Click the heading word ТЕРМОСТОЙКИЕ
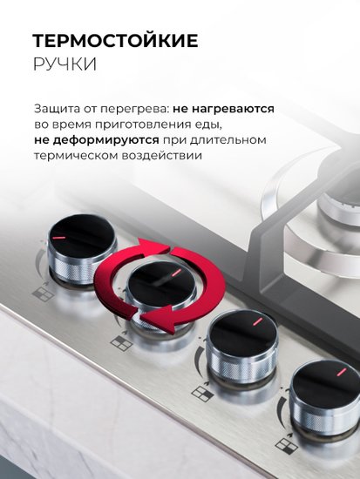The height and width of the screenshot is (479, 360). coord(116,40)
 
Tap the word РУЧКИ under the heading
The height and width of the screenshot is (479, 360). coord(65,64)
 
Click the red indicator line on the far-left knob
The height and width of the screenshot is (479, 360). coord(58,238)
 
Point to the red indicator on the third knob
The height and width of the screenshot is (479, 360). coord(258,320)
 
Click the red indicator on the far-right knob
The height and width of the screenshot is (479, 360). coord(342,372)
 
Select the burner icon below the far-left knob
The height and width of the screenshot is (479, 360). coord(43,293)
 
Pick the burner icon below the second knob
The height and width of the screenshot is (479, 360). coord(121,343)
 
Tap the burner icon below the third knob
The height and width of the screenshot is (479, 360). coord(202,393)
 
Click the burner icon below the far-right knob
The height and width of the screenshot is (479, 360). coord(286,446)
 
